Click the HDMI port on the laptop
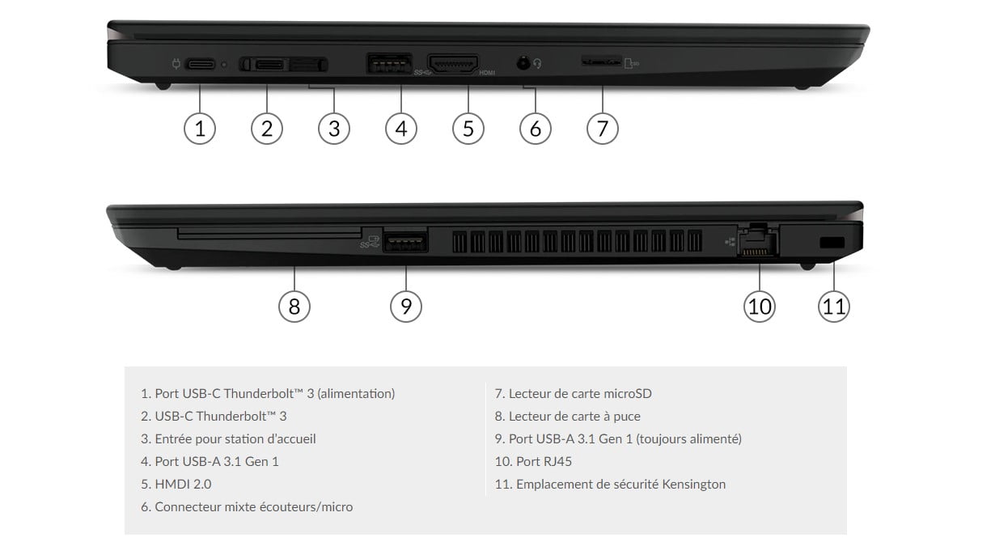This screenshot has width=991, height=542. [x=453, y=65]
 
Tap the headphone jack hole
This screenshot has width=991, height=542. [x=523, y=63]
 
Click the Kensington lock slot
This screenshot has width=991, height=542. [x=832, y=243]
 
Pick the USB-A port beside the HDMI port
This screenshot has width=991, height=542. [x=389, y=63]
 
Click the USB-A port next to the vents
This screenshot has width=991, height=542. [x=405, y=241]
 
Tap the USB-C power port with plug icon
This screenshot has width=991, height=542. [x=201, y=65]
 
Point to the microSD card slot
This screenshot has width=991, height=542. [x=601, y=62]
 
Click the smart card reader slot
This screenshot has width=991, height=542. [x=269, y=233]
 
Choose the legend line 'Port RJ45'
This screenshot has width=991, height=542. [x=533, y=461]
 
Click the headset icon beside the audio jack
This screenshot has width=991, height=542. [x=537, y=64]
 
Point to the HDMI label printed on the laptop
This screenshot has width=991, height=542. [x=487, y=73]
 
